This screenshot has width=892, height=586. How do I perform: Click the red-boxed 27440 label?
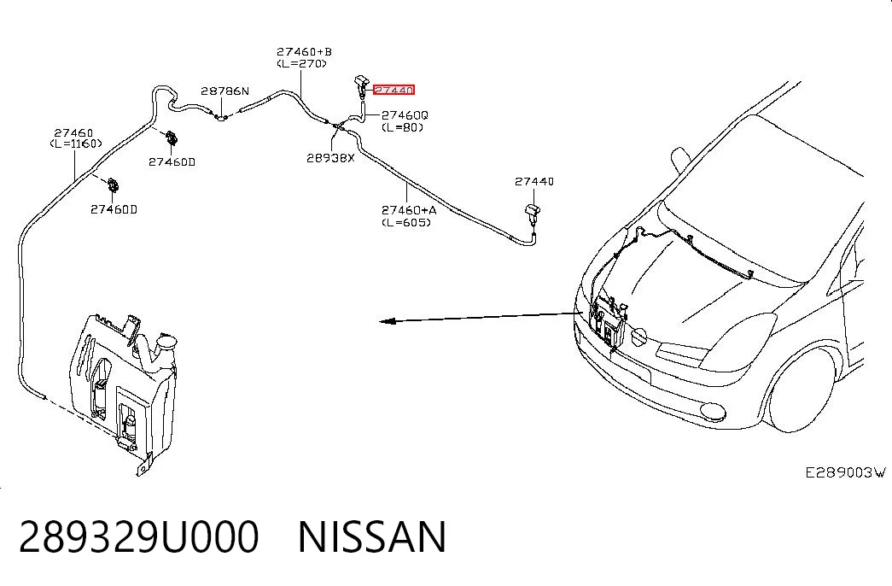(x=394, y=90)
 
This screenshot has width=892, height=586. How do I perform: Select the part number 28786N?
(x=224, y=91)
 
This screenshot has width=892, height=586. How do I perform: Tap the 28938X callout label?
(x=330, y=158)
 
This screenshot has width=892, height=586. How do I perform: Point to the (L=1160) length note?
(x=76, y=144)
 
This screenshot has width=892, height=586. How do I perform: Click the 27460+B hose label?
(x=305, y=52)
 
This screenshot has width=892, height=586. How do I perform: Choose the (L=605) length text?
(x=406, y=222)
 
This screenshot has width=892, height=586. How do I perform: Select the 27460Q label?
(x=405, y=115)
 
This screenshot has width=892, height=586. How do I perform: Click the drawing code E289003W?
(x=845, y=472)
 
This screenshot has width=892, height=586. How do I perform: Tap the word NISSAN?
(x=372, y=537)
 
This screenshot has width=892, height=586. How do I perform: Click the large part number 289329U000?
(x=139, y=537)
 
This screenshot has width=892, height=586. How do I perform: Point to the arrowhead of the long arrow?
(x=387, y=321)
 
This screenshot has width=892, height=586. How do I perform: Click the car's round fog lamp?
(x=712, y=411)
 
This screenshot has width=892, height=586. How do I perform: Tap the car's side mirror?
(x=679, y=159)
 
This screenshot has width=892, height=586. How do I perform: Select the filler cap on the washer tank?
(x=166, y=343)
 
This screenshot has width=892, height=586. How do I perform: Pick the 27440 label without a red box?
(x=534, y=181)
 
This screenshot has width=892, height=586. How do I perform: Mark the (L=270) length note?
(x=302, y=64)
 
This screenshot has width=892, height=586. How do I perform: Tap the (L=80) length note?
(x=402, y=127)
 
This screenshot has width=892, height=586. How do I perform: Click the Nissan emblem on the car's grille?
(x=640, y=337)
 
